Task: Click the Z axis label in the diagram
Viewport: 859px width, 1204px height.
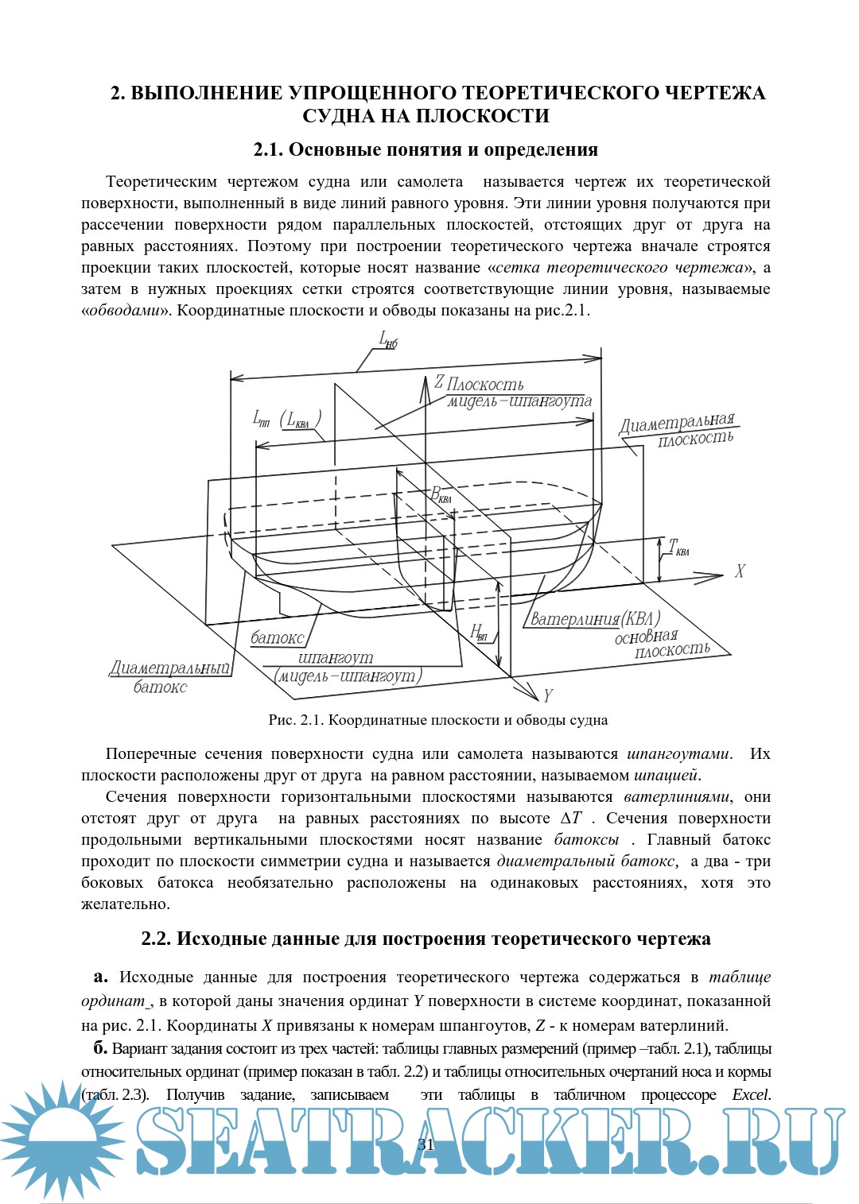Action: pos(438,381)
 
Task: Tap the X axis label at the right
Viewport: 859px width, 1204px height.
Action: pos(740,571)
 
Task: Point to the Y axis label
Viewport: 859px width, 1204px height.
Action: pos(547,696)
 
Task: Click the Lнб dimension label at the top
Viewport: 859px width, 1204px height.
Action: pos(388,341)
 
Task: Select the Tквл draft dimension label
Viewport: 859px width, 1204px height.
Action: pos(678,548)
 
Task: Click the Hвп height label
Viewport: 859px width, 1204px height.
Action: pos(478,633)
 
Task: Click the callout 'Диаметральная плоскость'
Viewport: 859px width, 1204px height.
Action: pos(677,429)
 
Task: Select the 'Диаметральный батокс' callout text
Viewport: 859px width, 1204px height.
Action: pos(169,677)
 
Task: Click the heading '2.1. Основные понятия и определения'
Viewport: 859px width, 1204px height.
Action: pos(426,149)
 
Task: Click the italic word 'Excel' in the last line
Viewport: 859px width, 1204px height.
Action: pos(751,1094)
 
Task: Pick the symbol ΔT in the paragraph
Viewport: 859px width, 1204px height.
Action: pos(571,819)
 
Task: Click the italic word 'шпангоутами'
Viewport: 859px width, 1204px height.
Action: pos(678,753)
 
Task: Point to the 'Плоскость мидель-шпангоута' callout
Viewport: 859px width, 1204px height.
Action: pos(518,393)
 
